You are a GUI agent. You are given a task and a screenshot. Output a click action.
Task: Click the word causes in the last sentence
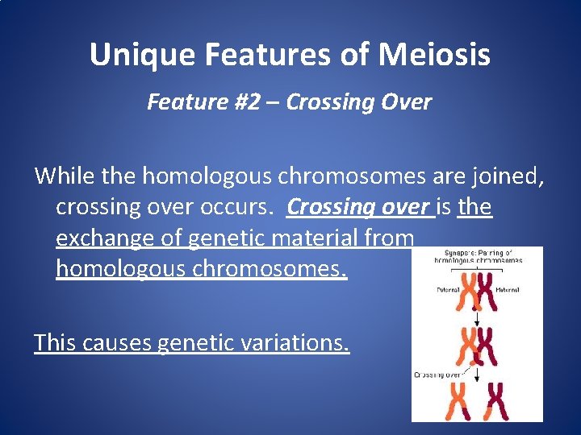(119, 343)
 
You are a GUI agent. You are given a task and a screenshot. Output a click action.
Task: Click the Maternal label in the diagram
(508, 289)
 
